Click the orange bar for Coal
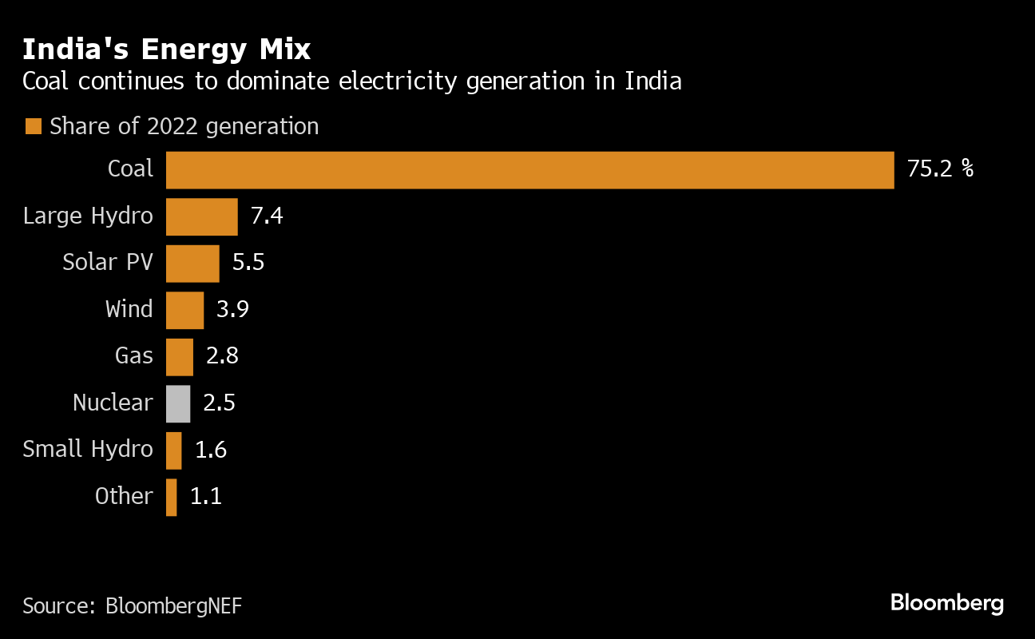pos(529,170)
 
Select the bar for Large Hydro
pos(201,216)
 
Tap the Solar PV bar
pos(192,263)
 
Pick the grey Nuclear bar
pos(178,403)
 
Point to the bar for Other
pos(172,497)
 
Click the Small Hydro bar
pos(174,450)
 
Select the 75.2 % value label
pos(940,169)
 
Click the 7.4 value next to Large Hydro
pos(267,216)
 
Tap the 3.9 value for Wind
pos(233,309)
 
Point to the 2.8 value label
pos(222,356)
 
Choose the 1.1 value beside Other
pos(205,497)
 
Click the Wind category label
pos(129,309)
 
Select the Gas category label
pos(133,355)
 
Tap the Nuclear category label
pos(113,403)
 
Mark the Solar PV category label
pos(108,262)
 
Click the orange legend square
pos(33,126)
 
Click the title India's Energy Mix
pos(166,50)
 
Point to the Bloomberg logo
pos(946,603)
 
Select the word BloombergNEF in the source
pos(173,605)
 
